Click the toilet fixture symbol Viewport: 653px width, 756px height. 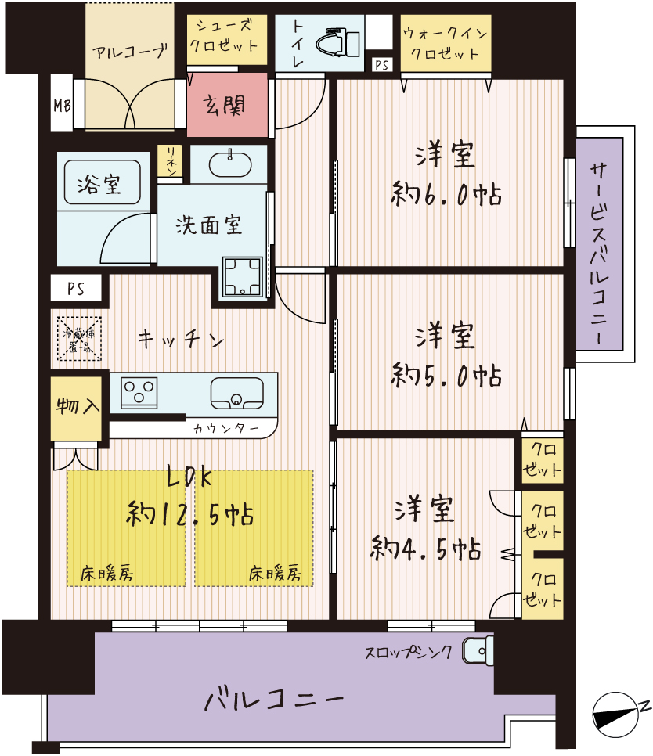[338, 43]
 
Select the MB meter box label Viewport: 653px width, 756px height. [62, 105]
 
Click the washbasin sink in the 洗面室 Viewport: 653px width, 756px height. [230, 165]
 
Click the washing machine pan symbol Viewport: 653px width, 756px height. [243, 276]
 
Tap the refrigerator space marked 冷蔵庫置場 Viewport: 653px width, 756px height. [80, 338]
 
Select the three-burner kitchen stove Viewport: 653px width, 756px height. [139, 391]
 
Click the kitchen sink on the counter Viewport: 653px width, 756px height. [237, 394]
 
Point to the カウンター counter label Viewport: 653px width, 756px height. [226, 428]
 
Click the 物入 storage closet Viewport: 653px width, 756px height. [76, 409]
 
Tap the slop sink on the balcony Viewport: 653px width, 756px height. [478, 650]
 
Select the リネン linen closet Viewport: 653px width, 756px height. [170, 161]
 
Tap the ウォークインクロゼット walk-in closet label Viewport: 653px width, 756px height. [446, 42]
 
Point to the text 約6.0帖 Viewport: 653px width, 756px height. [446, 194]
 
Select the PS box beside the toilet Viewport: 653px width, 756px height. [382, 65]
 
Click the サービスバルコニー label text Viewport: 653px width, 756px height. [600, 254]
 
